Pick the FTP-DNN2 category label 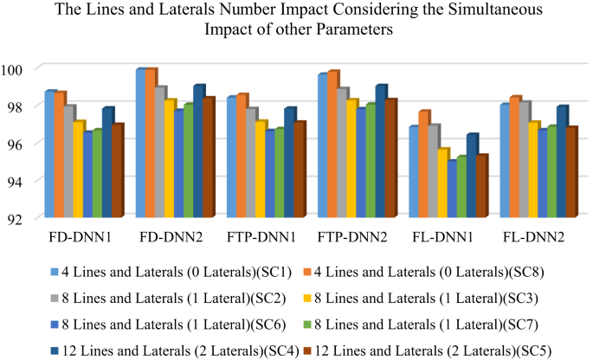pos(354,235)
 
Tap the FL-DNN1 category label pos(445,235)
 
